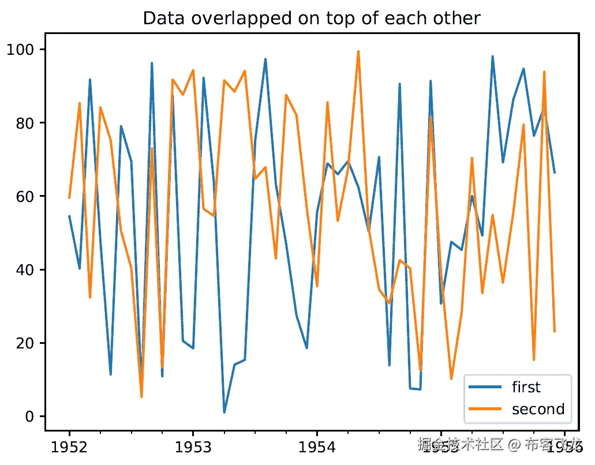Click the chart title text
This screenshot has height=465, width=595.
click(311, 18)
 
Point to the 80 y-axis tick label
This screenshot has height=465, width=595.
click(27, 123)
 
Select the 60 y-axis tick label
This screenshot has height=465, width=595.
click(27, 196)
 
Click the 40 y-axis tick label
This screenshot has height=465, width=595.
click(27, 269)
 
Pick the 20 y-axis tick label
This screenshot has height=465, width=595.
click(27, 343)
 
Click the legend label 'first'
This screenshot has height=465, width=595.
click(526, 387)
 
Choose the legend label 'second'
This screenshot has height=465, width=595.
click(538, 409)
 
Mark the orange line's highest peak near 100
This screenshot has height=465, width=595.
click(358, 51)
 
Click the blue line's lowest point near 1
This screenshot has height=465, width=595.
click(224, 412)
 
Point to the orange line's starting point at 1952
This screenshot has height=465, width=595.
click(69, 198)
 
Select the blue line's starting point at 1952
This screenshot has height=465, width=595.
click(69, 216)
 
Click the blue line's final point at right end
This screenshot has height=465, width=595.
click(555, 172)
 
